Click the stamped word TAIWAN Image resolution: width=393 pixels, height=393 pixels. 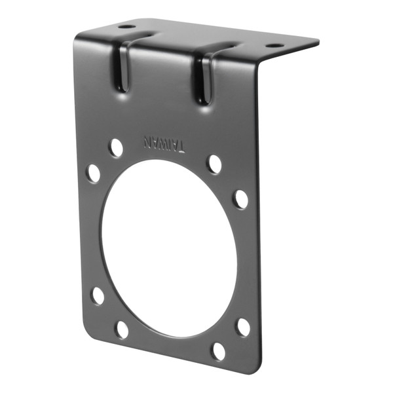(164, 143)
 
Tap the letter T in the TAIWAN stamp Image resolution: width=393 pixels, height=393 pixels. (179, 146)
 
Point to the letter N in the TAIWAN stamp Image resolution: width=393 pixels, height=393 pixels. (148, 140)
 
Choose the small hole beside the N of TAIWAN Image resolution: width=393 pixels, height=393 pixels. (116, 147)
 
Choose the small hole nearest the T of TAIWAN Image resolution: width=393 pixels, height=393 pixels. (214, 164)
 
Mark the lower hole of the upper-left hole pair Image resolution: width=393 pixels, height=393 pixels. (94, 173)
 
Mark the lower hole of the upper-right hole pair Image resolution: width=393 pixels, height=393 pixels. (241, 199)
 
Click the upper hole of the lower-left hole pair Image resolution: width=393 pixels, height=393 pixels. (98, 295)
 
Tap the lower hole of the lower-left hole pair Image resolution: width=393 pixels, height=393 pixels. (122, 328)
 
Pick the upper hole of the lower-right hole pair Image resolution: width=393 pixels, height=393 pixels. (243, 327)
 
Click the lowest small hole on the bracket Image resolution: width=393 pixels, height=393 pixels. (218, 350)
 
